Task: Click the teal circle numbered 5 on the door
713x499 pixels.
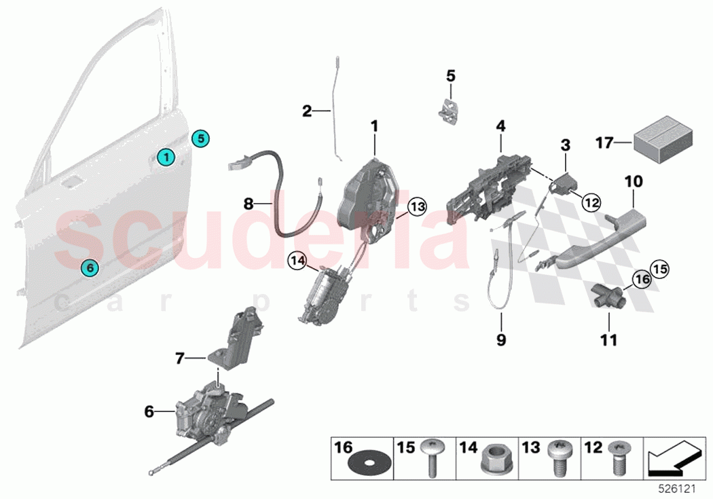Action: (200, 138)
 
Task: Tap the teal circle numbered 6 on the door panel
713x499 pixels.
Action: (89, 267)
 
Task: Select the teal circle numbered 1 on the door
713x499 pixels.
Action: (165, 158)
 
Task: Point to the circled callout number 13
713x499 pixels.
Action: (416, 206)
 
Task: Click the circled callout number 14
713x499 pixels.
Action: (296, 260)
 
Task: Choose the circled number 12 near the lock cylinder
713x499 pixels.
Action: (591, 201)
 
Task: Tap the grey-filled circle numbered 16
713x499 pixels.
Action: (642, 278)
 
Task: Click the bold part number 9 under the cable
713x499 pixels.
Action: (501, 339)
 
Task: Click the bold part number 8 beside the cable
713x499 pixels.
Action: (249, 202)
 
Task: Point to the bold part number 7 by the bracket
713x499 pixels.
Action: (179, 358)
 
